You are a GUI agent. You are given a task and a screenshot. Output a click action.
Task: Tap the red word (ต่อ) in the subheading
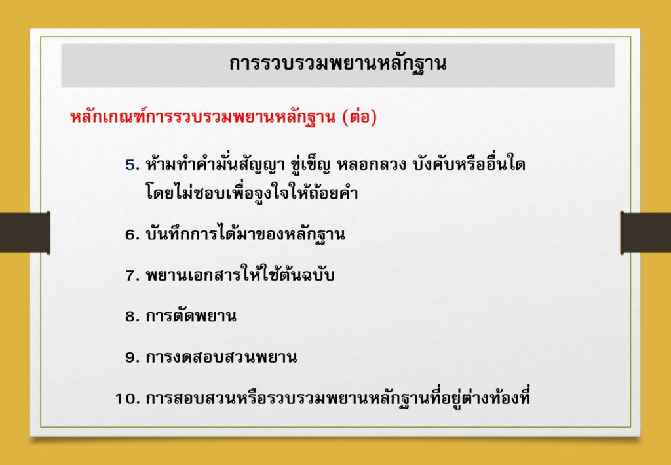pyautogui.click(x=360, y=117)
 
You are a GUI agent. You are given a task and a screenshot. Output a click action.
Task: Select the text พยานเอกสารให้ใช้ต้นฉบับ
pyautogui.click(x=240, y=274)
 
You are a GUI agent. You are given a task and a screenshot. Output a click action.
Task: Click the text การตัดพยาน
pyautogui.click(x=191, y=316)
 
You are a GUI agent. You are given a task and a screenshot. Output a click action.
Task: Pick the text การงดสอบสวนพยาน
pyautogui.click(x=221, y=357)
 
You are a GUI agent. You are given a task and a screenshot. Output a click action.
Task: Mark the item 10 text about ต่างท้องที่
pyautogui.click(x=338, y=398)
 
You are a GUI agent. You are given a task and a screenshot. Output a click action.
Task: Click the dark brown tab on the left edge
pyautogui.click(x=25, y=232)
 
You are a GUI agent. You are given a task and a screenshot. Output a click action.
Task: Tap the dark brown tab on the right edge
pyautogui.click(x=645, y=232)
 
